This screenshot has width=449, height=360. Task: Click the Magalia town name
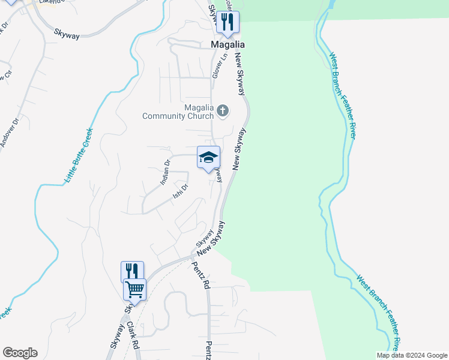(228, 44)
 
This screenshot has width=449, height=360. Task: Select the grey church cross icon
(223, 110)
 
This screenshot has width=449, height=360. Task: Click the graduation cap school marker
(208, 157)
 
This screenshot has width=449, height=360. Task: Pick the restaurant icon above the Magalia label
(228, 22)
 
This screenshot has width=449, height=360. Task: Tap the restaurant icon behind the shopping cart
(132, 271)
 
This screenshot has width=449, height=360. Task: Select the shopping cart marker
(135, 290)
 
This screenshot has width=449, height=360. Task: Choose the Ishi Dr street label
(181, 191)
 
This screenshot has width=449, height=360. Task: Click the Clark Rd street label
(133, 336)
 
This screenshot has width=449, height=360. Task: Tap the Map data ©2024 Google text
(412, 355)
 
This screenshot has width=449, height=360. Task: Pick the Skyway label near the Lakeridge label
(66, 35)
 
